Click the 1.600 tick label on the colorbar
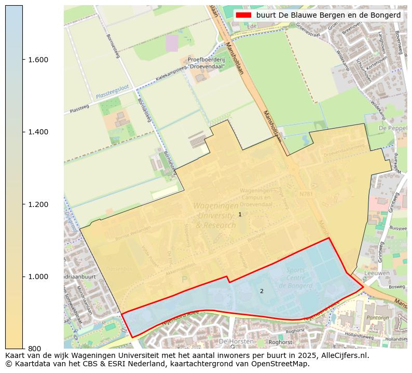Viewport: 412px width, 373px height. pyautogui.click(x=38, y=60)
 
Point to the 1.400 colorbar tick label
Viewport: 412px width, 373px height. pyautogui.click(x=38, y=132)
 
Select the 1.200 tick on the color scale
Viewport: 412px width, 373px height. pyautogui.click(x=38, y=204)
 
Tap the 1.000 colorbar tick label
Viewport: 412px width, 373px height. pyautogui.click(x=38, y=277)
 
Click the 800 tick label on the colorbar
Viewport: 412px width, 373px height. pyautogui.click(x=34, y=349)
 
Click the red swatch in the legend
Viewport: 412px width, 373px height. pyautogui.click(x=243, y=16)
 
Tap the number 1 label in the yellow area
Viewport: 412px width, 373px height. pyautogui.click(x=240, y=214)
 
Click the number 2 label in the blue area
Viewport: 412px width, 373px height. pyautogui.click(x=262, y=291)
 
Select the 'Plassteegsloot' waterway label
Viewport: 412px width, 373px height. pyautogui.click(x=112, y=92)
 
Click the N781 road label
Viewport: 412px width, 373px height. pyautogui.click(x=306, y=194)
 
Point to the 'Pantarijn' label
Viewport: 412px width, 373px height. pyautogui.click(x=377, y=316)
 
